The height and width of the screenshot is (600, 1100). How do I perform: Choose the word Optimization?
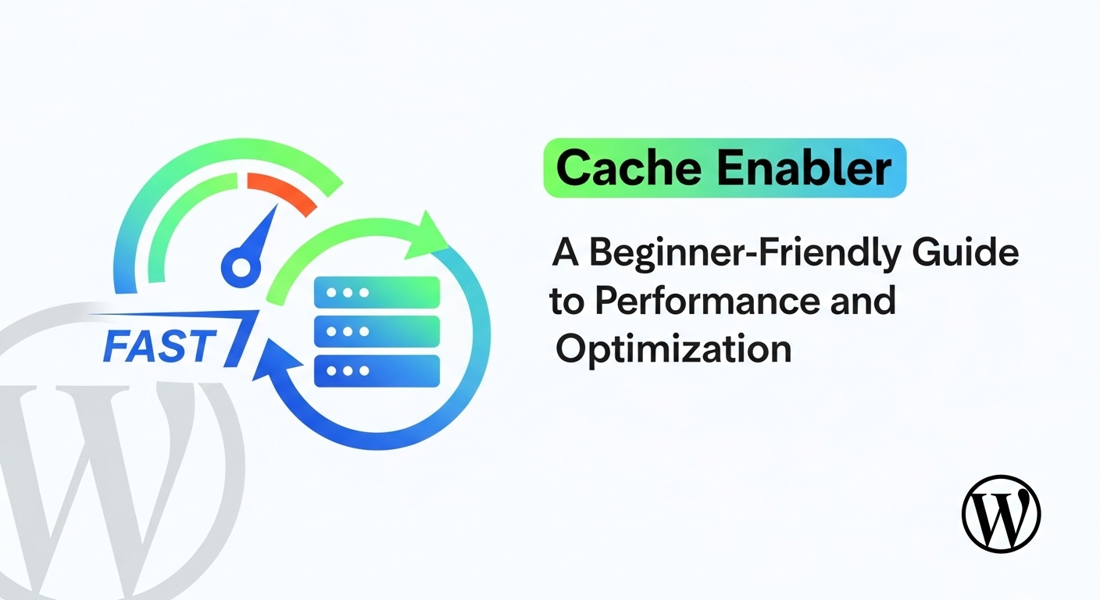click(673, 348)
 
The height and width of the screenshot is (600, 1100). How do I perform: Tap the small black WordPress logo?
click(1001, 514)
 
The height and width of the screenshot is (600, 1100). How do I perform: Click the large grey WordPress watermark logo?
click(117, 461)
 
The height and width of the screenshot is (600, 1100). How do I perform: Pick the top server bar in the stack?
click(377, 292)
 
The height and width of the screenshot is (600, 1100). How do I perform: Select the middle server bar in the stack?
click(377, 331)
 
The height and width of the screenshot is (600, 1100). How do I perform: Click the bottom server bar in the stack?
click(377, 370)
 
